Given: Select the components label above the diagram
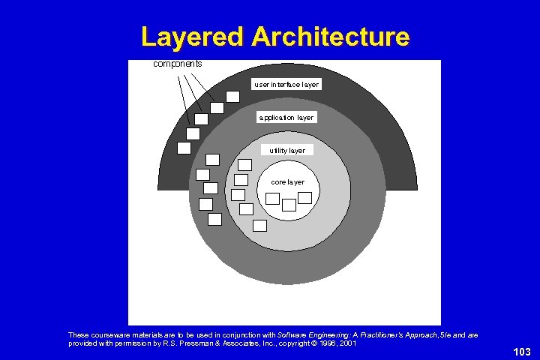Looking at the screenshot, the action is [177, 64].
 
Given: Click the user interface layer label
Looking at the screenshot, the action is [286, 85].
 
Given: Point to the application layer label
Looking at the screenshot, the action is [286, 118].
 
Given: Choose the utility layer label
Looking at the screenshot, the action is [287, 151].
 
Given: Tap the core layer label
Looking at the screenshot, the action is [287, 182].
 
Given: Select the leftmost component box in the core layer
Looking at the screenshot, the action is [273, 198].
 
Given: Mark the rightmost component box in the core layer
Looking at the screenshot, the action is [304, 197].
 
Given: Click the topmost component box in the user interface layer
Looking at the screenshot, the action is [233, 96].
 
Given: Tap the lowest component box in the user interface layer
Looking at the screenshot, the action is [184, 148].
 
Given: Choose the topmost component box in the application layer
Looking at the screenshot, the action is [212, 159].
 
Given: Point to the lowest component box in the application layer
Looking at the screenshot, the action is [214, 219].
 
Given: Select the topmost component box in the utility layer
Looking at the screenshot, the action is [244, 164].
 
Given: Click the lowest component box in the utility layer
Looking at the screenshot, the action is [259, 225].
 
